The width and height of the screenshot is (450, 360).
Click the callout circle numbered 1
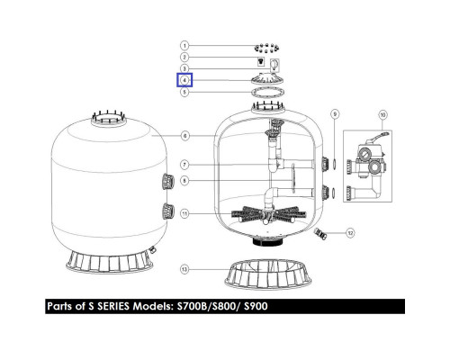pos(184,46)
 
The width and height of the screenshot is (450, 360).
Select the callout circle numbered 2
pos(184,57)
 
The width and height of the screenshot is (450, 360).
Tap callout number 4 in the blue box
pos(184,80)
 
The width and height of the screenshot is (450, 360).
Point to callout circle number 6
pos(184,136)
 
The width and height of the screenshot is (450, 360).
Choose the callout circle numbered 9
pos(335,114)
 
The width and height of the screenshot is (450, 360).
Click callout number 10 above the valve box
pos(382,114)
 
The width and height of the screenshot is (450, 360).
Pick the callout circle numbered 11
pos(184,213)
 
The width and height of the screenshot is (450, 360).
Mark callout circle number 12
pos(350,233)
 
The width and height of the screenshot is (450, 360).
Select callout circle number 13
pos(184,269)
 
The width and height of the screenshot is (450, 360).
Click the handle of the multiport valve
pos(379,137)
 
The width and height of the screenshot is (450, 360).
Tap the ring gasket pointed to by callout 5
pos(268,92)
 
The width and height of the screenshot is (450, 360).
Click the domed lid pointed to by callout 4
pos(268,80)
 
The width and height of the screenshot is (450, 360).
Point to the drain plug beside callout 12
pos(319,234)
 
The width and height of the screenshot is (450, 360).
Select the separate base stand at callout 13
pos(268,274)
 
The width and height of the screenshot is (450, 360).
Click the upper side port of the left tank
pos(168,182)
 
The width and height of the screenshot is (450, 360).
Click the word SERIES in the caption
pos(113,306)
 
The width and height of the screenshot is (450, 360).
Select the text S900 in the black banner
pos(256,306)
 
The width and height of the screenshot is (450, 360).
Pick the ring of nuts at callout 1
pos(266,48)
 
